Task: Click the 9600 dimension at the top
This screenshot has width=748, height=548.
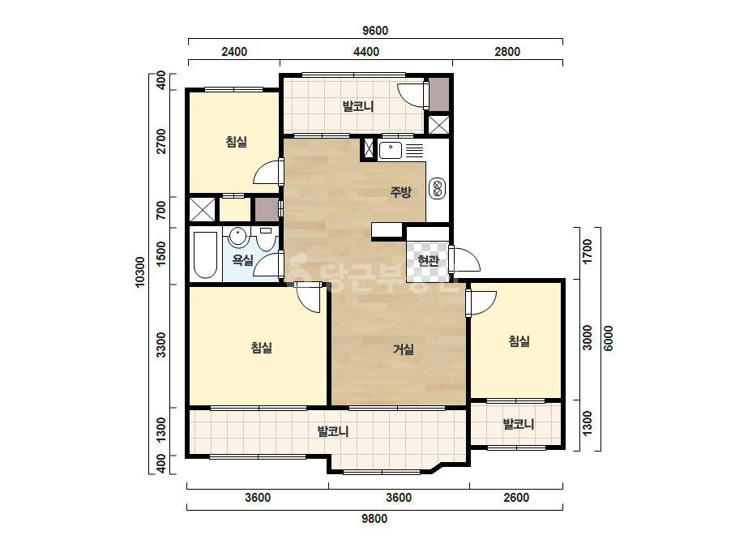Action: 375,31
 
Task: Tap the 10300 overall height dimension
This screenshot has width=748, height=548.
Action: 139,272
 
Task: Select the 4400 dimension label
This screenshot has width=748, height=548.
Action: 365,52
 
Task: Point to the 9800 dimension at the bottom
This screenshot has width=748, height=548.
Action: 374,518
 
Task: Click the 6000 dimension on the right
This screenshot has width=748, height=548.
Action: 609,338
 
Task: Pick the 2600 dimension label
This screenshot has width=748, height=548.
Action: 516,498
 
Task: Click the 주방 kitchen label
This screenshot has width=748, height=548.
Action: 400,192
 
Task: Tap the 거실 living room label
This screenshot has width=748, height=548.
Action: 403,349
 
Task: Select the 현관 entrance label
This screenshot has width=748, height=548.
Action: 428,261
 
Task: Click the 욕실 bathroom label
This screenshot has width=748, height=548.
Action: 243,260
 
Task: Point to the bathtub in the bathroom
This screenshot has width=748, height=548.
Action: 206,255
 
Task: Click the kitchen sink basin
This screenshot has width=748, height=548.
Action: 391,150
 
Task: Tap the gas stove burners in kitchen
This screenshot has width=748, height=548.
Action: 438,188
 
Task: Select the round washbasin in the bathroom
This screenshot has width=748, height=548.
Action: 237,236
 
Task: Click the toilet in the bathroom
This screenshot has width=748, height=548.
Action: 265,239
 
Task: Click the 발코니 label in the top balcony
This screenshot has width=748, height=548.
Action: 357,106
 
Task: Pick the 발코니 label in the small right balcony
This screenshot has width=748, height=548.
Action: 518,424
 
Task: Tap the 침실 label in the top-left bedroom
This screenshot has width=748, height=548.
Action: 237,142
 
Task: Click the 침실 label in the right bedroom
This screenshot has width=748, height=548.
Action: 519,340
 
